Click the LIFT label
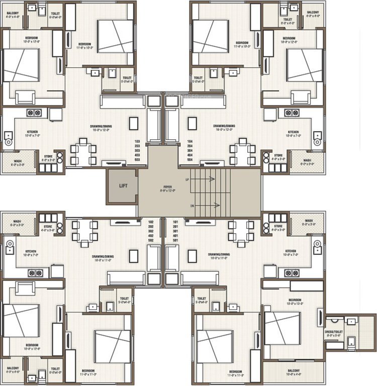click(123, 185)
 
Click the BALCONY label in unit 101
click(293, 373)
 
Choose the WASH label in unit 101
click(309, 221)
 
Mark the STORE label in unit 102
click(48, 227)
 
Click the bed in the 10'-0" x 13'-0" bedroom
click(282, 328)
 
